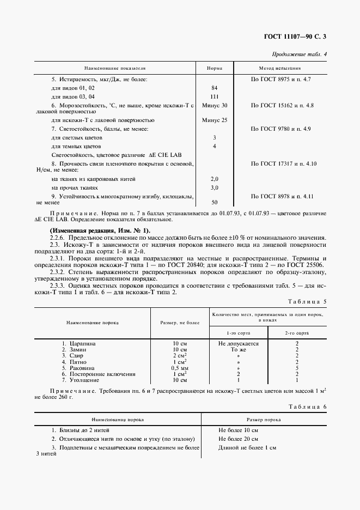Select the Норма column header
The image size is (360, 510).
click(214, 69)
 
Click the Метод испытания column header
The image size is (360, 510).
click(280, 69)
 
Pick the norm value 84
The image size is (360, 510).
click(214, 88)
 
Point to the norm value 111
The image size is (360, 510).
click(214, 96)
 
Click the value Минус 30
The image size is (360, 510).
click(214, 105)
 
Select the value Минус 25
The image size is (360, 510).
click(214, 120)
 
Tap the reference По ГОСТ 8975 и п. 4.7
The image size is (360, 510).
click(280, 80)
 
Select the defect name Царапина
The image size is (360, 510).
click(82, 344)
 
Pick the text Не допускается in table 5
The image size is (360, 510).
click(238, 344)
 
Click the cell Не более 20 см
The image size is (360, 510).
click(238, 439)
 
